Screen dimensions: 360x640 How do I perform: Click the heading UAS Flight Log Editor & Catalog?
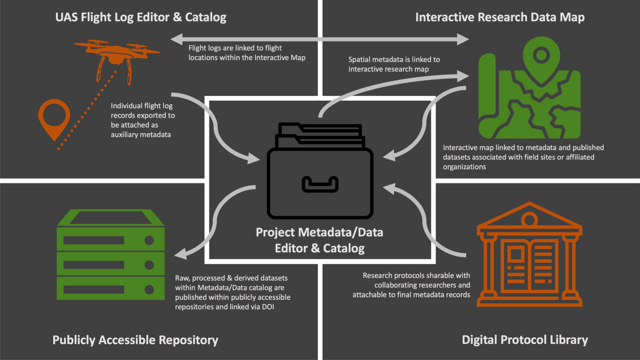coord(141,18)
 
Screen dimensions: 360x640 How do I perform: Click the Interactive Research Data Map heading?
coord(500,18)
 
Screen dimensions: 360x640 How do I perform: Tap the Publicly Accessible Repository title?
coord(135,340)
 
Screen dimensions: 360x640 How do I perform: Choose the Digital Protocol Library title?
coord(525,340)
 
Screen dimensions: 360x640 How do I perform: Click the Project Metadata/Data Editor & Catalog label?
coord(319,240)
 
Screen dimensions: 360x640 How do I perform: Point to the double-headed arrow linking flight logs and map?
coord(320,38)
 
